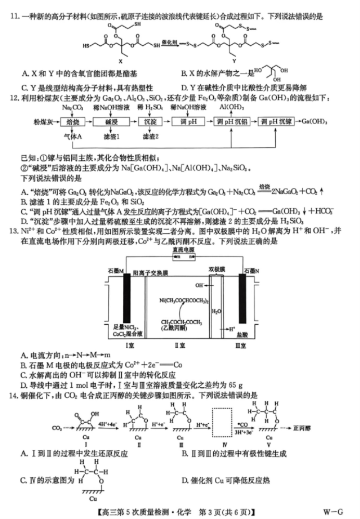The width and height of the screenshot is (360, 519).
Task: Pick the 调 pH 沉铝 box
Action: click(233, 121)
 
